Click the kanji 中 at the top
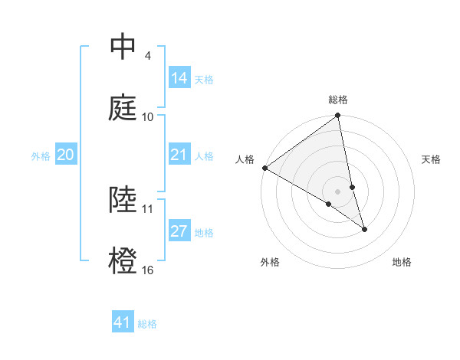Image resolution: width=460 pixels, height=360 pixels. (123, 47)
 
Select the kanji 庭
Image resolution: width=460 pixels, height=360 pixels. (123, 106)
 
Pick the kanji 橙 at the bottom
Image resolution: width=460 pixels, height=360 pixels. (123, 260)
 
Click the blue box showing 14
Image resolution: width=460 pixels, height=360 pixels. (179, 78)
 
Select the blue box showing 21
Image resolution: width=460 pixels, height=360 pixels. (179, 155)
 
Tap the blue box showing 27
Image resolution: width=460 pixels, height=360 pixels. (179, 232)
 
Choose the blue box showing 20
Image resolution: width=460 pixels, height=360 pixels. (66, 155)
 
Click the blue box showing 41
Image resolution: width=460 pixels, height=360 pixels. (123, 323)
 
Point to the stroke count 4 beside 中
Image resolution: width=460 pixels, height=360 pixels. (147, 56)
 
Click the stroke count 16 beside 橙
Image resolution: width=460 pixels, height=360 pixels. (148, 270)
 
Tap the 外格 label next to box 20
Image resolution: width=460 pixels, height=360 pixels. (41, 156)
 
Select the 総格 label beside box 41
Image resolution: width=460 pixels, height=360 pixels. (147, 324)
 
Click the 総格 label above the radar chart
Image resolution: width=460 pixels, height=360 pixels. (338, 100)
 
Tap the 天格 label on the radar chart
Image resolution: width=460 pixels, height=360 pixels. (432, 159)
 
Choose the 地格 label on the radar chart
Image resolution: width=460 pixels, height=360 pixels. (402, 263)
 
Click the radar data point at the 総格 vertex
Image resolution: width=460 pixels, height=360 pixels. (337, 116)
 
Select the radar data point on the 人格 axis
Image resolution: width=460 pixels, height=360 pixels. (264, 168)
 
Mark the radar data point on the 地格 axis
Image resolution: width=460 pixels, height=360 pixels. (364, 229)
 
